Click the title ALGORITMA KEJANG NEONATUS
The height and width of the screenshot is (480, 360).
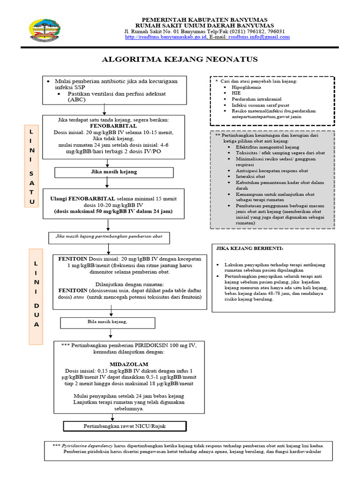180,59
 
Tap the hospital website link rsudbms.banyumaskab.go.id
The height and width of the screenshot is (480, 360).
166,37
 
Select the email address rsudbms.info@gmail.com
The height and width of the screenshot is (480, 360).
259,37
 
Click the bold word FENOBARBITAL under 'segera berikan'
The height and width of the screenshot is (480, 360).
113,126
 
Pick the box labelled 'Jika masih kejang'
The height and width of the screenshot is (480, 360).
114,172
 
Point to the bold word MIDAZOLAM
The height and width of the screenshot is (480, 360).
129,364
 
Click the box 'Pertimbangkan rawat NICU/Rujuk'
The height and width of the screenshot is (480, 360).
125,426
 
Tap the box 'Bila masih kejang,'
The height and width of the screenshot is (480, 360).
107,323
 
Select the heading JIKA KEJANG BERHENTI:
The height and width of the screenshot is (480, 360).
250,248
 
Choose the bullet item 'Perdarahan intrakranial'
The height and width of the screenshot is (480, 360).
256,99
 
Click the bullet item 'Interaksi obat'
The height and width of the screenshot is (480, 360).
250,177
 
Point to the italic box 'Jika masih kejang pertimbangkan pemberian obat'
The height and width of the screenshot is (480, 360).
109,238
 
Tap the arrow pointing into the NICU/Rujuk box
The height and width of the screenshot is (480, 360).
112,418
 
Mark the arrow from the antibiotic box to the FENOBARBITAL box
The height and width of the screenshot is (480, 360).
105,110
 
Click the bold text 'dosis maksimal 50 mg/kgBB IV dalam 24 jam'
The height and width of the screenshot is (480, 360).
113,211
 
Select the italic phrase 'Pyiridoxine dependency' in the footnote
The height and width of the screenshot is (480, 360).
87,446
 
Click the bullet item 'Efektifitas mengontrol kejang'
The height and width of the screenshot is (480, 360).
267,147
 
